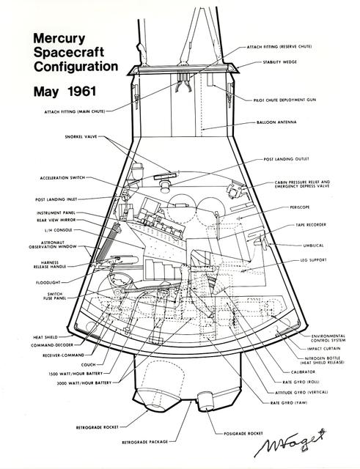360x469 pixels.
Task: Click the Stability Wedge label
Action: (x=282, y=63)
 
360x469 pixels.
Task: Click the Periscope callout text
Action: (x=291, y=208)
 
